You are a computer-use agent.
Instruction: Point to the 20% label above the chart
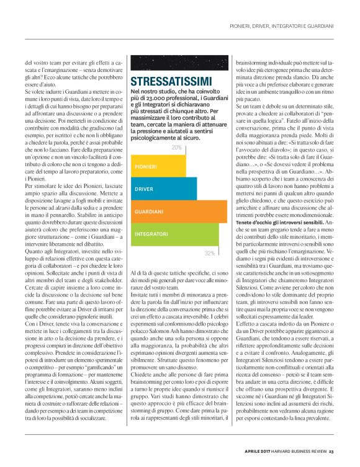(176, 148)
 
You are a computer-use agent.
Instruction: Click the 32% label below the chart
(210, 253)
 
